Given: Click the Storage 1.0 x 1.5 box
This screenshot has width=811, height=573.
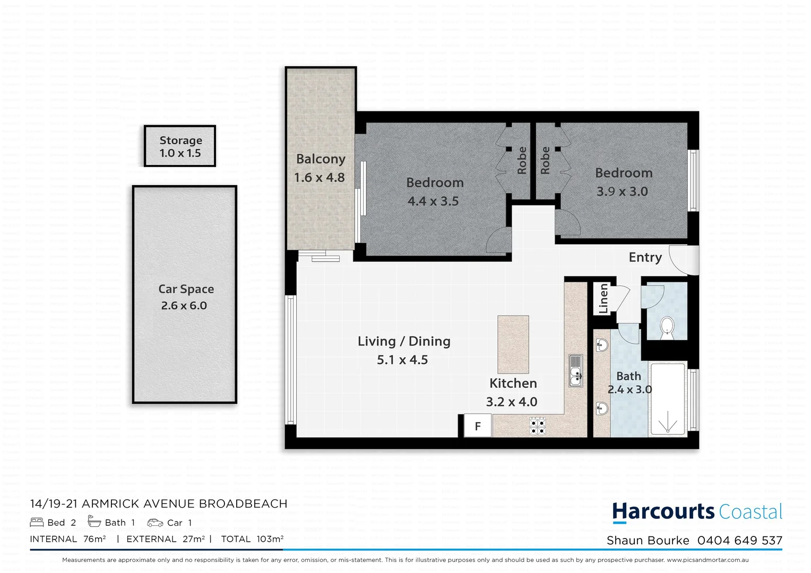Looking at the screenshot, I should (x=180, y=146).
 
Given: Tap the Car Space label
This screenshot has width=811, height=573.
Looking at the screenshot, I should (x=186, y=289).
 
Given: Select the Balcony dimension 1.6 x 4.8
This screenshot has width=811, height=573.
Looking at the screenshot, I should (x=320, y=178).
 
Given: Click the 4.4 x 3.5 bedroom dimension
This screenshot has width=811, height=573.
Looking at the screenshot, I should (x=433, y=202).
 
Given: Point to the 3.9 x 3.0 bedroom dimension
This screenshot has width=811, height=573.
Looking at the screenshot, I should (x=622, y=192).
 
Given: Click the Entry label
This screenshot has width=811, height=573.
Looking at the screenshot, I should (x=645, y=257).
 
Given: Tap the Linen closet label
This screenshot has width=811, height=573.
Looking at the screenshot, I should (x=603, y=298).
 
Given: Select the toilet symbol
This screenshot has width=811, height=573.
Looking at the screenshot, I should (x=666, y=327).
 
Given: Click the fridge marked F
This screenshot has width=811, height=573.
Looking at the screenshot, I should (x=478, y=426).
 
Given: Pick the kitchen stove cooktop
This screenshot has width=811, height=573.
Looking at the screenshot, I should (x=538, y=426).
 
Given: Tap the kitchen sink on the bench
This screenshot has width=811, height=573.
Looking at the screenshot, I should (x=575, y=370).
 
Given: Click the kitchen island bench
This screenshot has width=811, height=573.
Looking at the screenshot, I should (x=513, y=344).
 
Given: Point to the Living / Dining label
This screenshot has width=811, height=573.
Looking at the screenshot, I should (x=404, y=341).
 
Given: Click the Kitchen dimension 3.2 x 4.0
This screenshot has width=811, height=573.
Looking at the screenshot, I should (x=512, y=402).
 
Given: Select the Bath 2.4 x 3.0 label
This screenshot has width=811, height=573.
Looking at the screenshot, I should (x=629, y=383).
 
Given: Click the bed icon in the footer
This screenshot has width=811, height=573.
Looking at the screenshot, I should (x=37, y=523).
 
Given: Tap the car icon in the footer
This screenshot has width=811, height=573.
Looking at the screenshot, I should (x=155, y=523).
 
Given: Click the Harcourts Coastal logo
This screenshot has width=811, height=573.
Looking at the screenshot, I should (x=697, y=512).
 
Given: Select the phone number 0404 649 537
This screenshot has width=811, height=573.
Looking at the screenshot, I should (x=739, y=541).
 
